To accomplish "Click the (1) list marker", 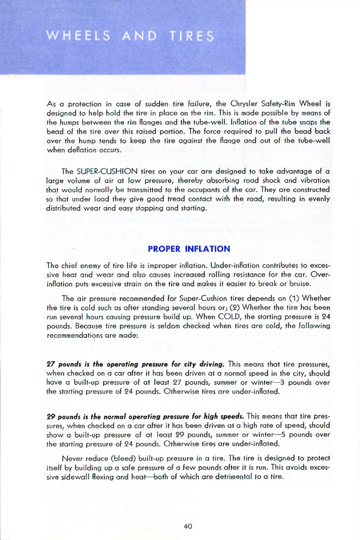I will point(287,298).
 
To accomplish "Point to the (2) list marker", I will point(214,308).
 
